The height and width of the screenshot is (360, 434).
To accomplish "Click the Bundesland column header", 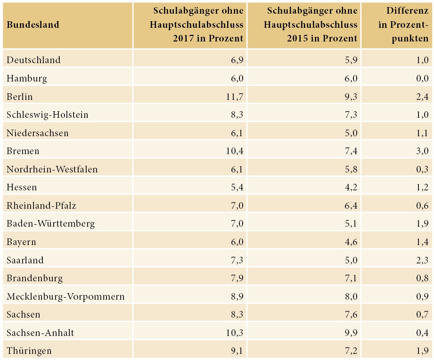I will click(33, 25).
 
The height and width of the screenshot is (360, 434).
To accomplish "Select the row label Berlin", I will click(20, 97).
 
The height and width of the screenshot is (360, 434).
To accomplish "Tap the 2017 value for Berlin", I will click(234, 97).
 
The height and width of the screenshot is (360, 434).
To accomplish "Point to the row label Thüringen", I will click(29, 351).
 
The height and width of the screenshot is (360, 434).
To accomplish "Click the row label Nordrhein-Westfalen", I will click(52, 169).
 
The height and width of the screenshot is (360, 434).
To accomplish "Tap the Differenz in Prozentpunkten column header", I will click(403, 25).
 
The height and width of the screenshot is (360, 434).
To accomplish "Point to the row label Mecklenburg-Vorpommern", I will click(66, 296).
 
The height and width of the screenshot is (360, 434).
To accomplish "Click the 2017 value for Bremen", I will click(234, 151).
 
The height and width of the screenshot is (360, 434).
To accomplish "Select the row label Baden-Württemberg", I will click(51, 224).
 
